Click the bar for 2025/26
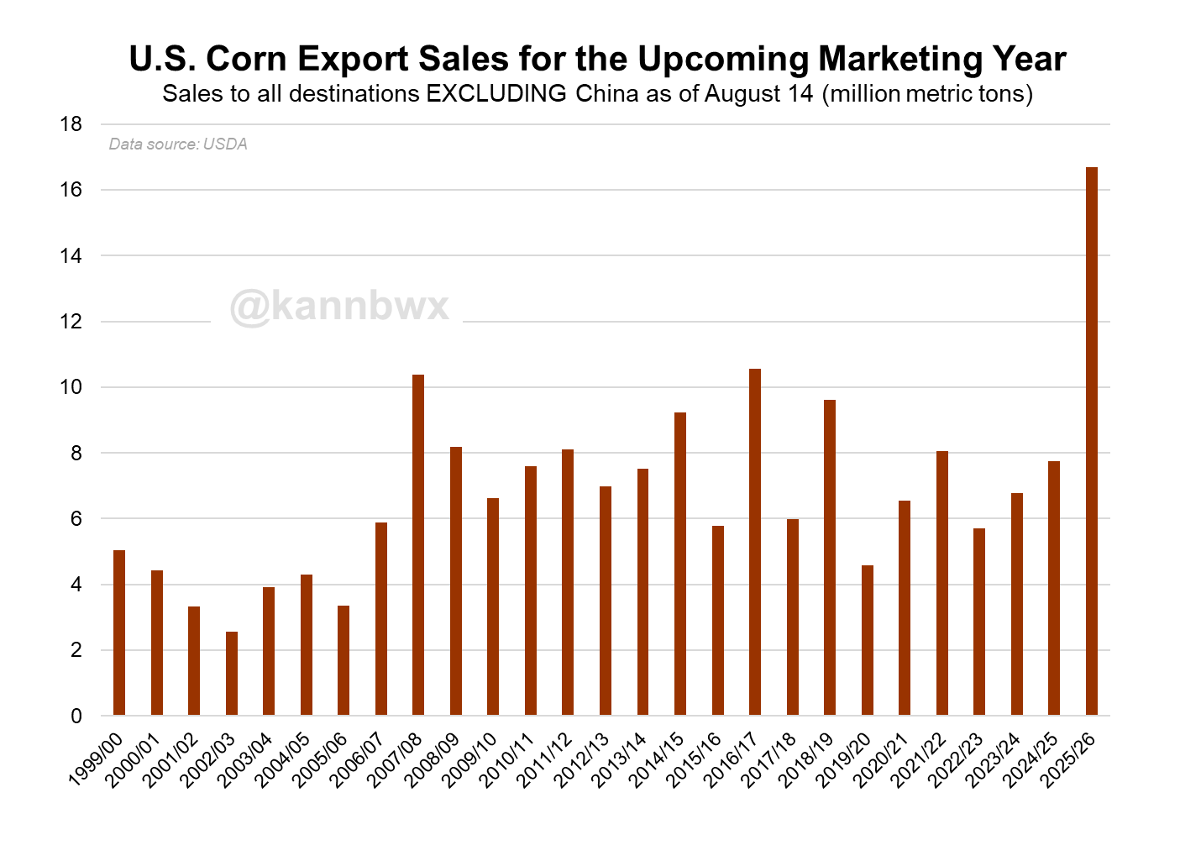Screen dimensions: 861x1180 click(1091, 441)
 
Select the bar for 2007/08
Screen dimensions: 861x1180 click(418, 545)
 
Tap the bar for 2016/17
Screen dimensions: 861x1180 click(755, 542)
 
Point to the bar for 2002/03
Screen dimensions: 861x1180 click(232, 674)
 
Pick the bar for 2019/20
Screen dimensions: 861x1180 click(868, 640)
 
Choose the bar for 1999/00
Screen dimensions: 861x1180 click(119, 633)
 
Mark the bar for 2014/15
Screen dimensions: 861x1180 click(680, 564)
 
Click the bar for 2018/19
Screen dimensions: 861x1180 click(830, 558)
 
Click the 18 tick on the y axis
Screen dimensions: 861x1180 click(71, 124)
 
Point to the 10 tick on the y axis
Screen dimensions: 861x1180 click(71, 387)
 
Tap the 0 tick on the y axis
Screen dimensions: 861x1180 click(76, 717)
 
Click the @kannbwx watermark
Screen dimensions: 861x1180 click(339, 306)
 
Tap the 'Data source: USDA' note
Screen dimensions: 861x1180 click(178, 144)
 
